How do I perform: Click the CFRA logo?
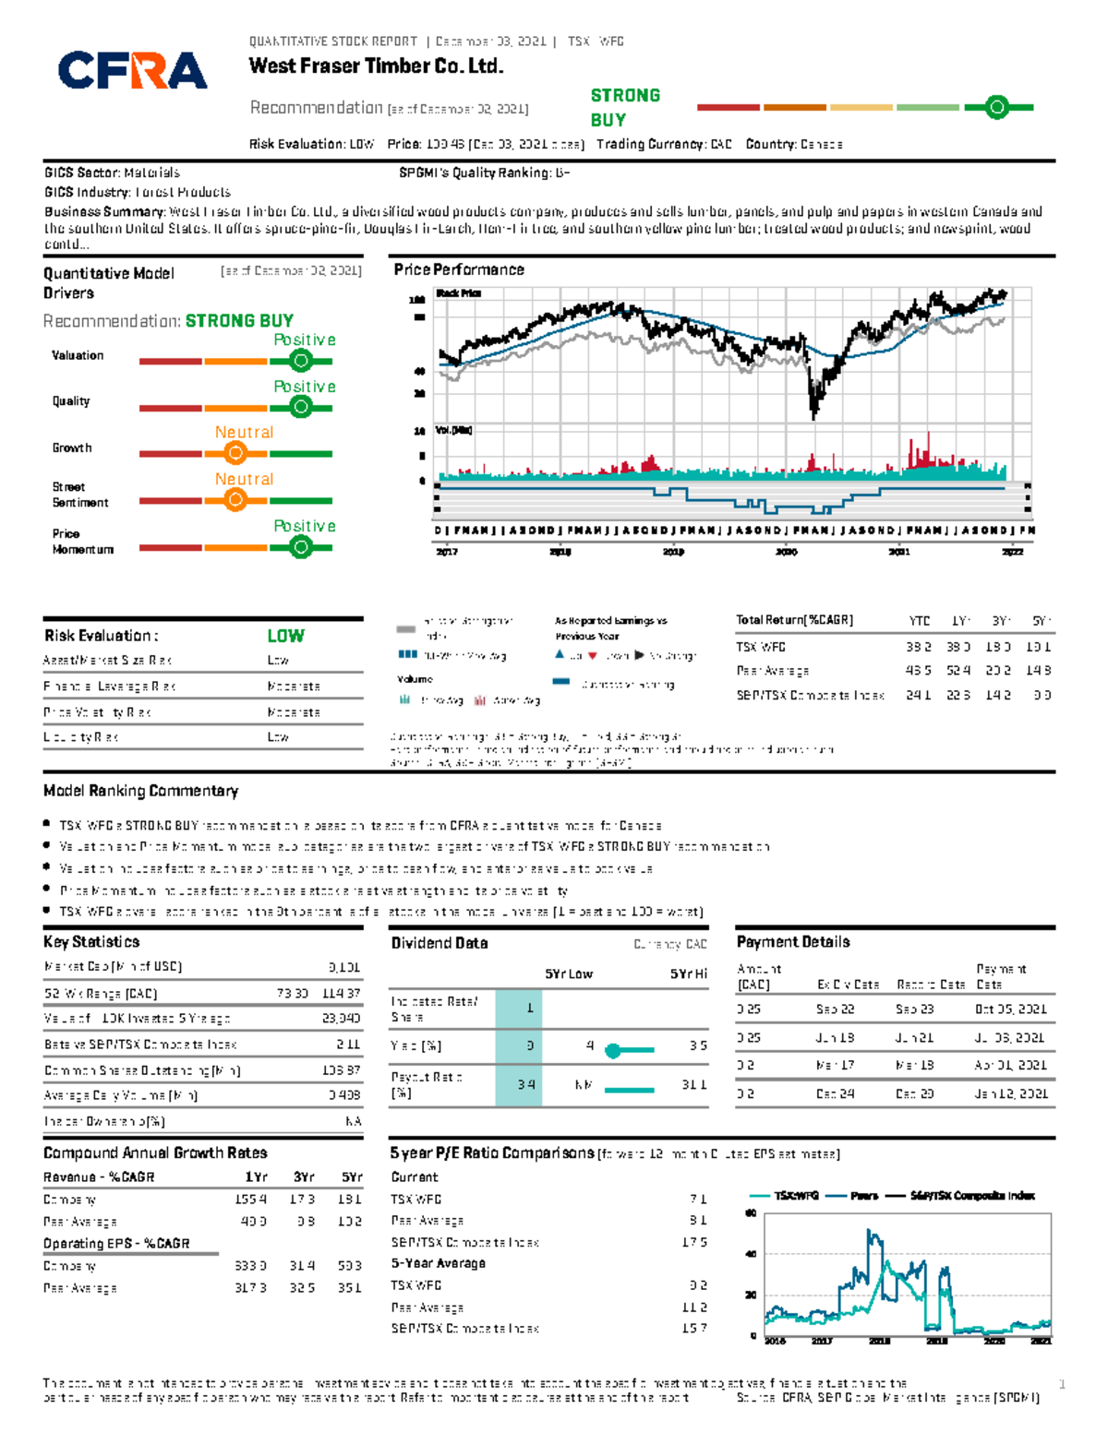click(x=133, y=70)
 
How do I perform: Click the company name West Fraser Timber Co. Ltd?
click(x=376, y=66)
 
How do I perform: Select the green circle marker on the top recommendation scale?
click(x=996, y=108)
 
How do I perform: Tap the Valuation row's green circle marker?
click(x=300, y=361)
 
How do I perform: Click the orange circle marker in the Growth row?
click(x=235, y=453)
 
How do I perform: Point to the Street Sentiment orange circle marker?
click(x=235, y=500)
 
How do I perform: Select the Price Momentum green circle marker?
click(x=300, y=547)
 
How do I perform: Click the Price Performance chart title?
click(x=459, y=269)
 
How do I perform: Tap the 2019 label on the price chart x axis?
click(x=673, y=552)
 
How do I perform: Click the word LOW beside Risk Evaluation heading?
click(x=285, y=636)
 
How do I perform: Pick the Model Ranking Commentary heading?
click(x=140, y=791)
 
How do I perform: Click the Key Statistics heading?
click(x=91, y=942)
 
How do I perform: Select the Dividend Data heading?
click(x=440, y=943)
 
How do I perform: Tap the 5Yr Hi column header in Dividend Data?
click(x=689, y=974)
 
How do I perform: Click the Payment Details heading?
click(x=793, y=942)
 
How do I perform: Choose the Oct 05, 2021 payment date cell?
click(x=1010, y=1009)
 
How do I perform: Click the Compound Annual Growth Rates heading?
click(x=155, y=1153)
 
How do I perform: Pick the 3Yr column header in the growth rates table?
click(x=304, y=1177)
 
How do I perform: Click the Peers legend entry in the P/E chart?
click(x=862, y=1196)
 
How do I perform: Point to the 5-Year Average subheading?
click(x=438, y=1263)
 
